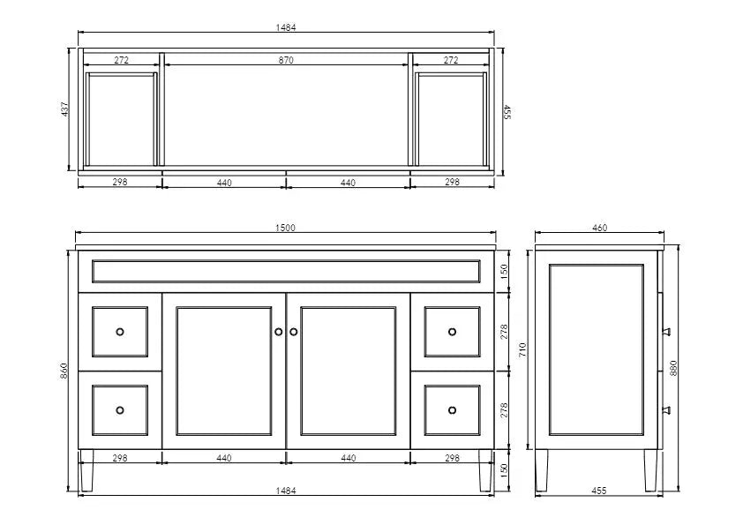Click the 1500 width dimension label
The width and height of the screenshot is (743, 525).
[285, 228]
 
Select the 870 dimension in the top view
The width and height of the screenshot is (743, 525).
[286, 60]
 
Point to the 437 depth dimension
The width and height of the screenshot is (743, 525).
[65, 109]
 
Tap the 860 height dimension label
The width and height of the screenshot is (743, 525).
[64, 371]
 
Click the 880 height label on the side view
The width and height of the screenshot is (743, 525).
[673, 368]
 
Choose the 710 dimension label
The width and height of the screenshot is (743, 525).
[522, 349]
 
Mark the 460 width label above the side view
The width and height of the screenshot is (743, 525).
[599, 228]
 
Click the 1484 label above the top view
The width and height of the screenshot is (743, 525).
[286, 27]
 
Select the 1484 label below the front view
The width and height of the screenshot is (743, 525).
[286, 491]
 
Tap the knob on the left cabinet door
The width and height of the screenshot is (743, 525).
[279, 332]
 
